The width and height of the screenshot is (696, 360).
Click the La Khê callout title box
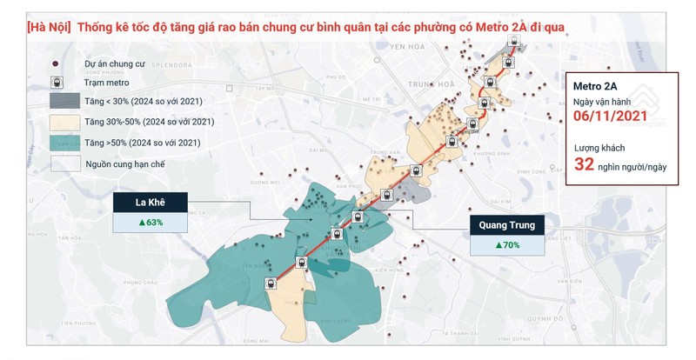150,203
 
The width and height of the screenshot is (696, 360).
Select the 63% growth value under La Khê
150,223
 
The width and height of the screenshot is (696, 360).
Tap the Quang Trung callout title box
507,225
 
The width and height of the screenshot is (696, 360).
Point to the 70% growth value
507,245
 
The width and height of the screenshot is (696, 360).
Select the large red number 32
585,164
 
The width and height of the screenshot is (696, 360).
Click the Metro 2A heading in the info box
595,86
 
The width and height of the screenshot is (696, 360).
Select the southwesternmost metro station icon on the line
271,282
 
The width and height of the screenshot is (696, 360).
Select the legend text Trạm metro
107,83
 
